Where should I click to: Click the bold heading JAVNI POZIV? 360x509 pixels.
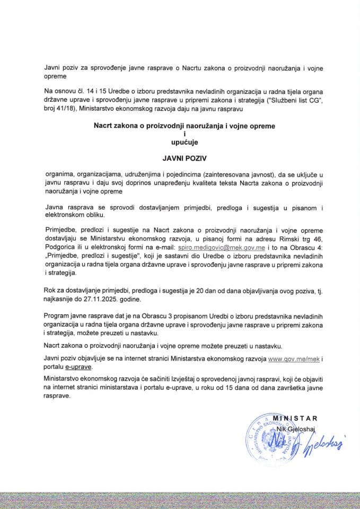(x=179, y=157)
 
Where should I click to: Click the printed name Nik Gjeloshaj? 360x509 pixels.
(x=294, y=426)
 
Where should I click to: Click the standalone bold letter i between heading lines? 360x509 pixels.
(x=179, y=135)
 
